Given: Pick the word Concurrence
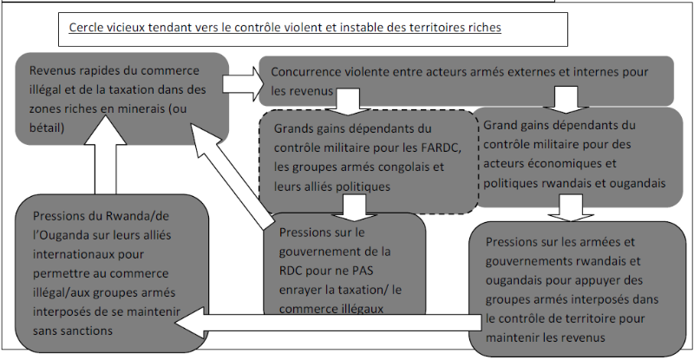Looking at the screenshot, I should pos(308,71).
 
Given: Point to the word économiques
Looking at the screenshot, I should pos(556,163).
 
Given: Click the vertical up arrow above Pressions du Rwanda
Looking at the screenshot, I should pos(104,164).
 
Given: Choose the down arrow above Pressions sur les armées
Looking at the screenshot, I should pos(567,208).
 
